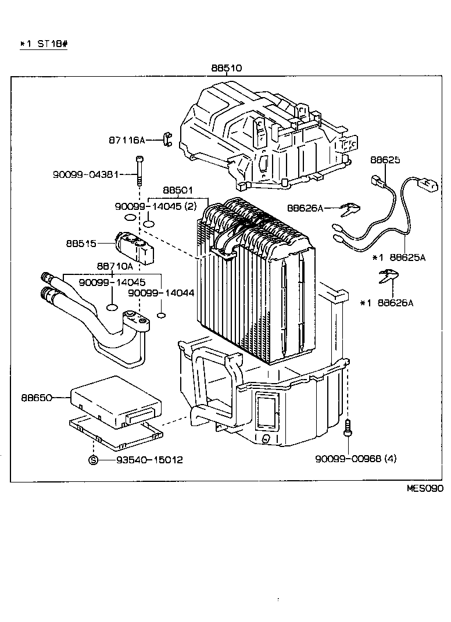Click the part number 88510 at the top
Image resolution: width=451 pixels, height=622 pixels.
coord(226,68)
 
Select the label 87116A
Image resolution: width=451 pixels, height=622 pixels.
coord(127,140)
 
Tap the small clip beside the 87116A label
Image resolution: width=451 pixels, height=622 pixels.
coord(167,140)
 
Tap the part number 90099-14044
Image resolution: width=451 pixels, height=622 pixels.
coord(162,294)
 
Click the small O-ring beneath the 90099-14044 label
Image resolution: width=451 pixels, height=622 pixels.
coord(162,316)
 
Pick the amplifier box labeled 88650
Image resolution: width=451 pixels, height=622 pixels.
coord(116,399)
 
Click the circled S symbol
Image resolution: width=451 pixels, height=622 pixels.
coord(93,460)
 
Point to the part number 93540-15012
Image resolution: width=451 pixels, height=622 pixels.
coord(149,460)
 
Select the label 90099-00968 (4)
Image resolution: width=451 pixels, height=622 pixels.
coord(356,459)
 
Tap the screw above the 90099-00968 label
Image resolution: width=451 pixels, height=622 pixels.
coord(348,428)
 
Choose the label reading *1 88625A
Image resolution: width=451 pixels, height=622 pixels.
coord(399,257)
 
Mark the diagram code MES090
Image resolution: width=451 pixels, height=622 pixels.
coord(424,488)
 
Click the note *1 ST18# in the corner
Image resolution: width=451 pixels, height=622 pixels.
coord(44,44)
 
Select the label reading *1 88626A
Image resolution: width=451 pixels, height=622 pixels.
coord(386,302)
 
